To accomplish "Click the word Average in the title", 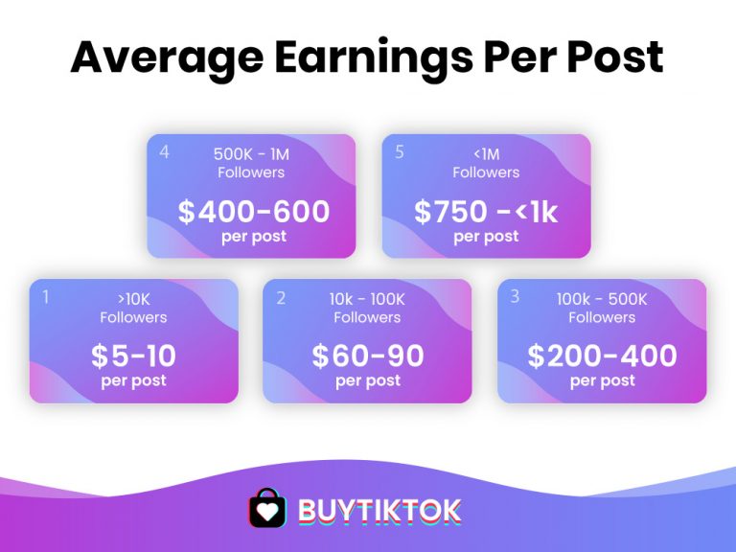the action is point(167,58).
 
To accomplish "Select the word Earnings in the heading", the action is point(373,58).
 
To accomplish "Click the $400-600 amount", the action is point(254,211).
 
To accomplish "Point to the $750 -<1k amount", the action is point(486,212).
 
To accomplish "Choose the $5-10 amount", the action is point(134,356).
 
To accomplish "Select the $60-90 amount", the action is point(368,356).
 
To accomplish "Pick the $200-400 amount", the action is point(602,356).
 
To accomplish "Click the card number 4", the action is point(164,152).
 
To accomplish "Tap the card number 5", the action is point(400,152).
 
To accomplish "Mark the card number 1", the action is point(46,297).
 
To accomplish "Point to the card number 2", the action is point(281,298).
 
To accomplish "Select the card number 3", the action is point(515,296).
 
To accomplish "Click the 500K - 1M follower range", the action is point(251,154).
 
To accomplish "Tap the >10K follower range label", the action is point(134,299).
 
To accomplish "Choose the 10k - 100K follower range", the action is point(367,299).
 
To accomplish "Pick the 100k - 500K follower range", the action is point(602,299).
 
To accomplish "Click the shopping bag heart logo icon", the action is point(267,508).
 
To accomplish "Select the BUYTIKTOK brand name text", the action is point(379,511).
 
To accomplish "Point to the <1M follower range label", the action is point(486,154).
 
